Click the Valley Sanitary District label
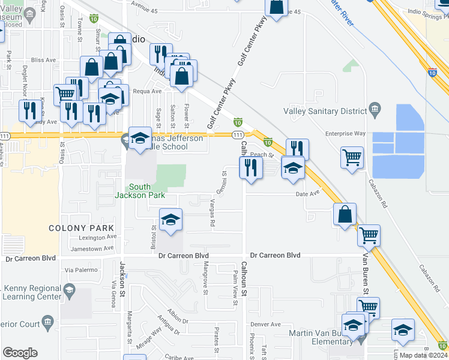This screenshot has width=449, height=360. tap(325, 111)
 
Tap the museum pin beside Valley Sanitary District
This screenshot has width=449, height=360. tap(375, 109)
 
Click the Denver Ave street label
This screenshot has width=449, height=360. tap(267, 324)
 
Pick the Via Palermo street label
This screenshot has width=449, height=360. tap(80, 270)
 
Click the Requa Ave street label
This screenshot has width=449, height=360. tap(148, 91)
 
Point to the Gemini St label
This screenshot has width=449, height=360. tap(224, 181)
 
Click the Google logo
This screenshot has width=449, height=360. tap(20, 353)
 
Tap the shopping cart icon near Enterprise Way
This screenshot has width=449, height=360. tap(352, 157)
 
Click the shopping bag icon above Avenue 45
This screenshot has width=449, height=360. tap(276, 7)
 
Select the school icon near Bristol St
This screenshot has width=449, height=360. tap(171, 220)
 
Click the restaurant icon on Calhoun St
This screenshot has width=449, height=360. tap(250, 167)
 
